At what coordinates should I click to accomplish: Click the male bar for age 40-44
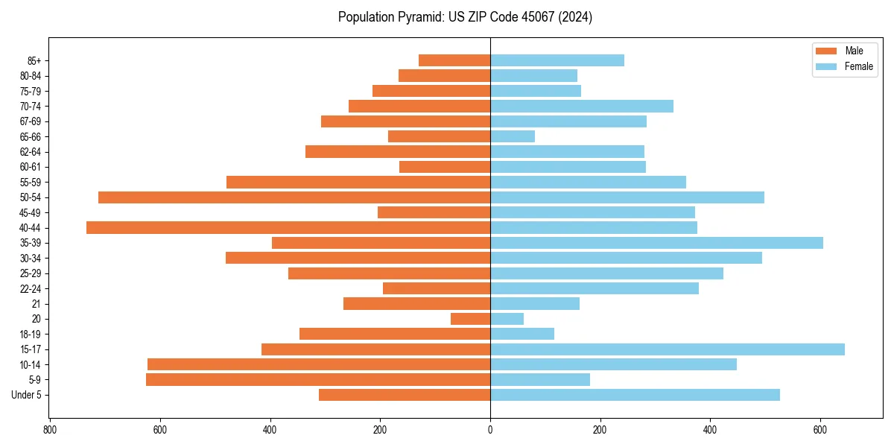point(288,228)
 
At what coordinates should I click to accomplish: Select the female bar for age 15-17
point(668,349)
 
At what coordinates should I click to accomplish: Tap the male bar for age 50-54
point(294,197)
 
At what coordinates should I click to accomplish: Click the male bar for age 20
point(470,319)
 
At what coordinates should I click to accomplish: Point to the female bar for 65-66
point(513,136)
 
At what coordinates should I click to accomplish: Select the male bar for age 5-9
point(318,380)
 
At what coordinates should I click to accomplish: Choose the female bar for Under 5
point(635,395)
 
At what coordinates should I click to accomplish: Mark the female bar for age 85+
point(557,60)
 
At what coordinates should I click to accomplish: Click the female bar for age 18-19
point(522,334)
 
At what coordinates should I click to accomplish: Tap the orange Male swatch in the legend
point(826,51)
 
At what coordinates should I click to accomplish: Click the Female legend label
point(858,66)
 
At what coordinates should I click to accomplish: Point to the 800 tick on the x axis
point(50,430)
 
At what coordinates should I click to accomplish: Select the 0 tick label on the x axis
point(490,430)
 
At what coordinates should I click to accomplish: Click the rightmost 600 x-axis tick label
point(820,430)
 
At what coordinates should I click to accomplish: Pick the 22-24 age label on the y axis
point(31,288)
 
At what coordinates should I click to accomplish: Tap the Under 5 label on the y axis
point(26,395)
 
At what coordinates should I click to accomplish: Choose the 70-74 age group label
point(31,106)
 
